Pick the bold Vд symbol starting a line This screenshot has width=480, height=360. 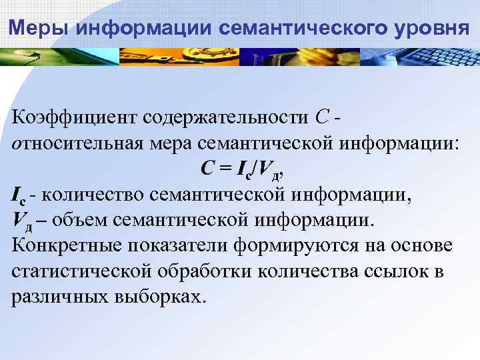(22, 221)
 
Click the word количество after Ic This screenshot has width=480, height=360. (95, 195)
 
